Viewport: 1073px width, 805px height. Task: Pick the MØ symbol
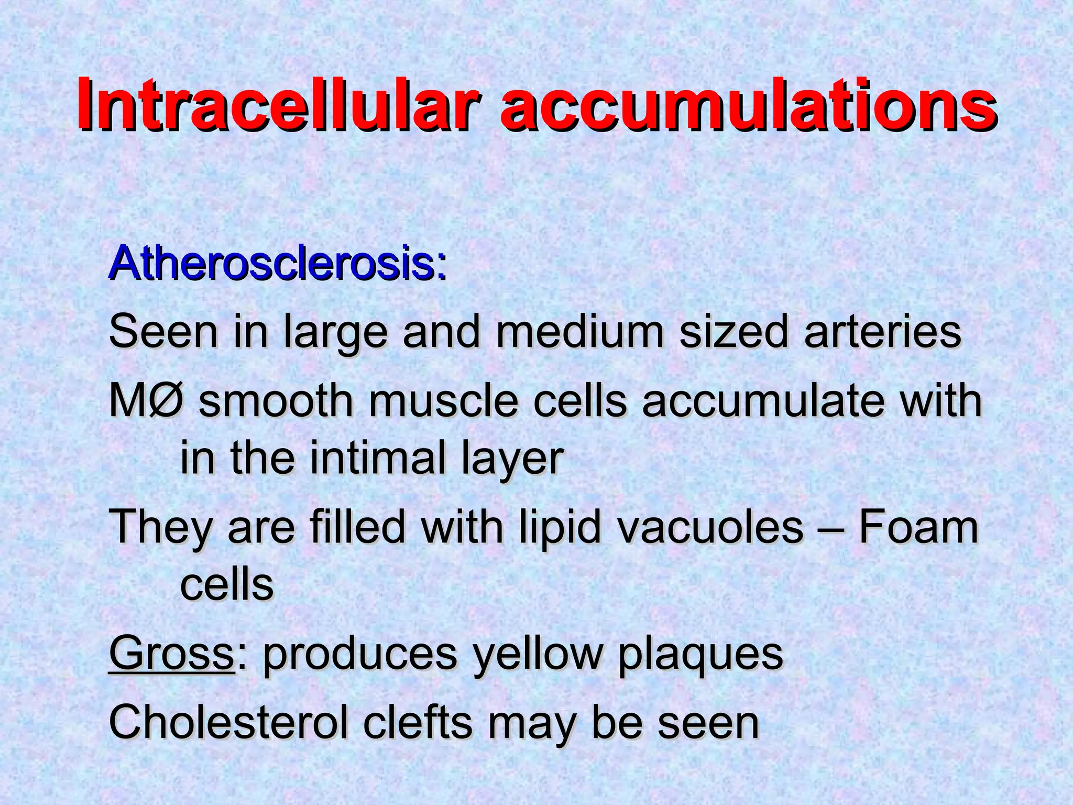(x=146, y=401)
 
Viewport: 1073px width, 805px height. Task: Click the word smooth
(x=276, y=401)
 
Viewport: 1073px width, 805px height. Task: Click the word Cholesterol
(x=228, y=723)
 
